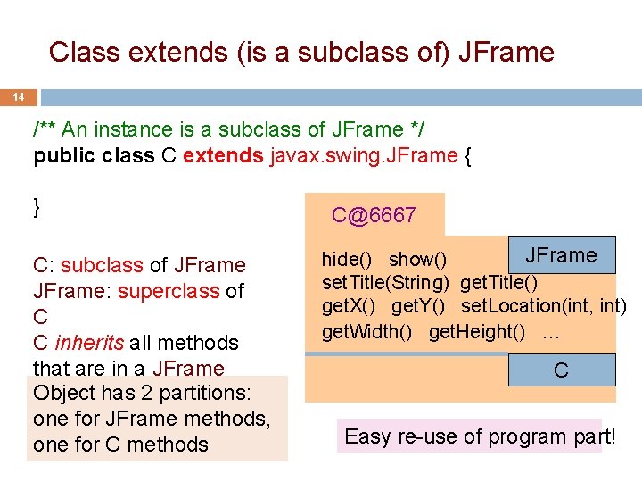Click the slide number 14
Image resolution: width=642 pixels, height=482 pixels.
point(17,96)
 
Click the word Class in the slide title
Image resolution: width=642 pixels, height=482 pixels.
point(84,52)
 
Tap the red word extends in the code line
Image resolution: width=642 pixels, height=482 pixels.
point(223,155)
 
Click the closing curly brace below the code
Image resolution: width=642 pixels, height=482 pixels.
point(37,207)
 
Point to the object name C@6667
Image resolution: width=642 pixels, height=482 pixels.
point(374,215)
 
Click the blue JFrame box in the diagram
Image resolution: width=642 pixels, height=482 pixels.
point(561,255)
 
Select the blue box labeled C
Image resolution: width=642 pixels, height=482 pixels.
point(561,370)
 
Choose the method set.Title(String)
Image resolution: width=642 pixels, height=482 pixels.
point(385,283)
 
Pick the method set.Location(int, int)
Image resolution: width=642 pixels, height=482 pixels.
point(543,307)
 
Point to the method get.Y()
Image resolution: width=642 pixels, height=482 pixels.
point(423,307)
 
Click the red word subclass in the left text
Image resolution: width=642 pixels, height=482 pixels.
point(102,265)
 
